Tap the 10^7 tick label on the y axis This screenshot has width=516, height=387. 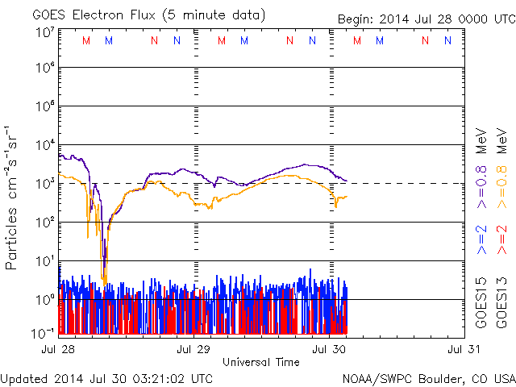pyautogui.click(x=44, y=32)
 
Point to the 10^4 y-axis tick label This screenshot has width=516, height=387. pyautogui.click(x=44, y=145)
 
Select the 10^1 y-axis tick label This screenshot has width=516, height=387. pyautogui.click(x=44, y=261)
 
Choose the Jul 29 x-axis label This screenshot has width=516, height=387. pyautogui.click(x=194, y=349)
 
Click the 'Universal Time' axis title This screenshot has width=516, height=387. pyautogui.click(x=261, y=362)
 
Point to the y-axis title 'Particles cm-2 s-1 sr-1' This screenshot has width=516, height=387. pyautogui.click(x=14, y=198)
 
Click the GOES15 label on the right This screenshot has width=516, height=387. pyautogui.click(x=481, y=306)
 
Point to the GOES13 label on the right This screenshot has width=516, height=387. pyautogui.click(x=501, y=306)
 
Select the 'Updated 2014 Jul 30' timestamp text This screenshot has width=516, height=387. pyautogui.click(x=107, y=377)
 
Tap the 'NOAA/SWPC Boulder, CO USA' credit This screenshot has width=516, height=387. pyautogui.click(x=428, y=377)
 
